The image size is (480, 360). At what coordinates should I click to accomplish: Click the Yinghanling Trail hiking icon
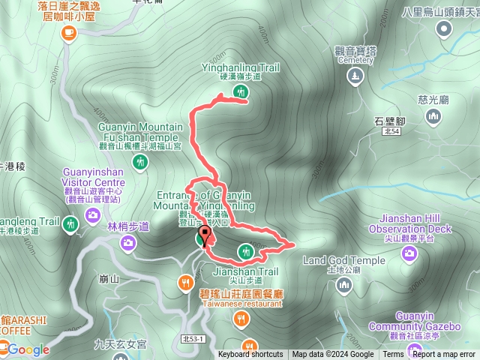tap(240, 92)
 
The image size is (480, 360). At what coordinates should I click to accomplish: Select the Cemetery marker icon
tap(355, 75)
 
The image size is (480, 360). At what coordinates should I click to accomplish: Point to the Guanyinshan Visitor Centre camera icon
tap(92, 216)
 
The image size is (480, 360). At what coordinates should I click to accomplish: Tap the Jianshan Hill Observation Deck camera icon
tap(409, 253)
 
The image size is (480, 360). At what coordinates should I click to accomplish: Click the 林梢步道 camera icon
tap(128, 242)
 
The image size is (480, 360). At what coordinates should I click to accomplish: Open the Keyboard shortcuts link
tap(250, 355)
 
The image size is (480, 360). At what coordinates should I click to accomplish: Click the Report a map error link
tap(443, 355)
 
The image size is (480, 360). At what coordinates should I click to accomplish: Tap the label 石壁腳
tap(388, 120)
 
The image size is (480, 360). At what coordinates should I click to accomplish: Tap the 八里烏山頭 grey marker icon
tap(444, 28)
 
